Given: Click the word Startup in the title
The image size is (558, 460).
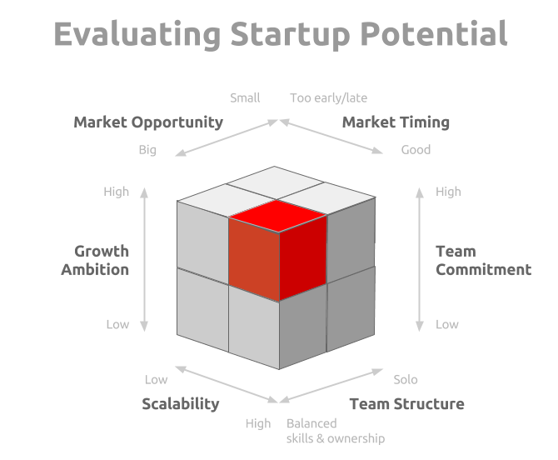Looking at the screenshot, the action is pos(290,34).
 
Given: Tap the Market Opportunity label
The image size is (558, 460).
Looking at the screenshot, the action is pos(148,122).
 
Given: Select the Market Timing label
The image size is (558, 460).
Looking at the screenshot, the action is pos(396,122).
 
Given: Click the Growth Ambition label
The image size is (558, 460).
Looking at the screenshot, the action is pos(95,260).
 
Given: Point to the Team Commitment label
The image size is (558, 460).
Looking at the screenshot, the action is pos(484,260).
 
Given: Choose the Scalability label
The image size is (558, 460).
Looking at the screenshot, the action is pos(181,404).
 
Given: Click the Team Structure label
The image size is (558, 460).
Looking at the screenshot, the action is pos(406,404).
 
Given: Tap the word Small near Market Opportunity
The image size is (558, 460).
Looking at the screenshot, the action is pos(245,97).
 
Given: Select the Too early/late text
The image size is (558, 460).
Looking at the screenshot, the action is pos(328,97).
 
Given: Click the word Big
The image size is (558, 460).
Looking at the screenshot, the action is pos(147,150).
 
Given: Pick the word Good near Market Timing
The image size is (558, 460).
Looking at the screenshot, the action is pos(416,149).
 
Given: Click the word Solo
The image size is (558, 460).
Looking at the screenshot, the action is pos(406,379).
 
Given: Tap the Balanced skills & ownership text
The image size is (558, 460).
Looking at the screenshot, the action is pos(336,431).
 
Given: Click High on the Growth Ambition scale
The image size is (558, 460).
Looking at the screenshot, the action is pos(116,192).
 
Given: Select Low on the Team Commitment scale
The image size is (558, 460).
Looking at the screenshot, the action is pos(447,324).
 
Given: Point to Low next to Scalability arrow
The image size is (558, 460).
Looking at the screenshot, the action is pos(156,379).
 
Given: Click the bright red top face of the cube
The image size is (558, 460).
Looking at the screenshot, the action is pos(277,216).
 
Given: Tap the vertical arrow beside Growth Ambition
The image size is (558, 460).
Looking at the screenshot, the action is pos(144,259).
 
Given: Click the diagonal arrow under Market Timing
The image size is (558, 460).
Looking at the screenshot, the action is pos(331,137).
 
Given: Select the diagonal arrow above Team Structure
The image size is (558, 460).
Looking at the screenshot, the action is pos(331,386).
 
